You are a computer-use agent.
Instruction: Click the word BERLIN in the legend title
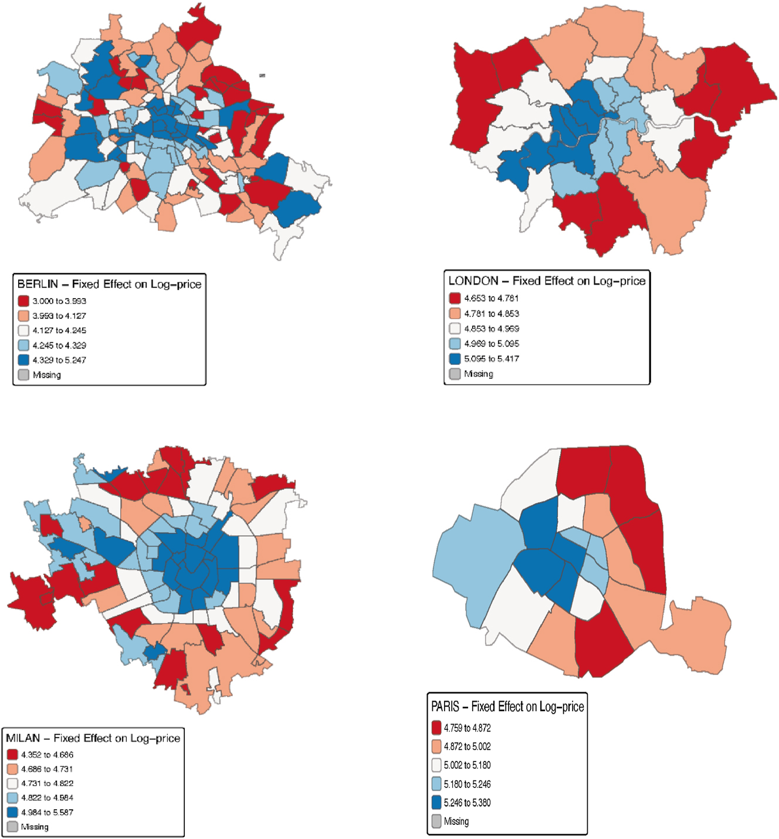pos(38,285)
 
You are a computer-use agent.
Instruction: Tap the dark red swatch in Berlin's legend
pos(23,301)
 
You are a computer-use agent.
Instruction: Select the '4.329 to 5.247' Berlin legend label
pos(59,360)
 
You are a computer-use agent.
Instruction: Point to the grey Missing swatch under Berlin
pos(23,375)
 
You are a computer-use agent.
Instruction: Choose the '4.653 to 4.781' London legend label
pos(492,298)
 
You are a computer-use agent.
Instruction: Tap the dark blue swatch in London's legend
pos(455,358)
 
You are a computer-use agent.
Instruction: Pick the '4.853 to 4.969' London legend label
pos(492,329)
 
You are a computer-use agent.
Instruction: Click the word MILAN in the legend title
pos(24,738)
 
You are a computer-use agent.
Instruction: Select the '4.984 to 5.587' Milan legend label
pos(48,813)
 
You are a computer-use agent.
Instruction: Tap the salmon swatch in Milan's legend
pos(12,769)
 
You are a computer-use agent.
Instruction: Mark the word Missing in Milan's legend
pos(35,827)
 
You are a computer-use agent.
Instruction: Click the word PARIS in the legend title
pos(445,707)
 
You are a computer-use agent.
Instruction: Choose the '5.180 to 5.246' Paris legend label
pos(467,784)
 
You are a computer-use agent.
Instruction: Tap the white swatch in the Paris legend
pos(436,765)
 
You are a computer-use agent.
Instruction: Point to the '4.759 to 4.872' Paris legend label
pos(467,728)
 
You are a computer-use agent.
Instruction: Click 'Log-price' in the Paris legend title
pos(561,707)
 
